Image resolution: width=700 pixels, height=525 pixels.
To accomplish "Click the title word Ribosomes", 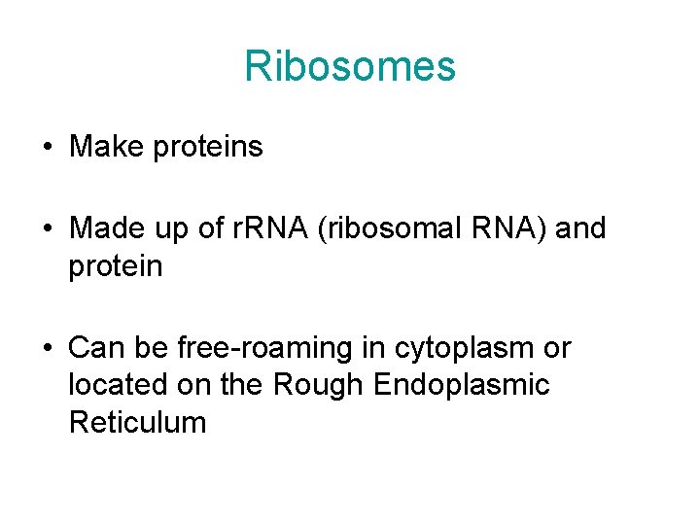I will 350,67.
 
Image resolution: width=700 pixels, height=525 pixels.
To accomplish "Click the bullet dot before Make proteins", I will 47,148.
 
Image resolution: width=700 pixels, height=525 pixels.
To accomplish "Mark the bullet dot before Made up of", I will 47,230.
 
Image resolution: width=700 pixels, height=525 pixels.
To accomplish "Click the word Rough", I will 318,386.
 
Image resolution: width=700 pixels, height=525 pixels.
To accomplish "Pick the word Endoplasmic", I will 461,386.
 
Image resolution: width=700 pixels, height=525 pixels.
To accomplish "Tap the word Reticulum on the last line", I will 137,423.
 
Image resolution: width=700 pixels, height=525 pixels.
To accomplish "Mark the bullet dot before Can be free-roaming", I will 47,349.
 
